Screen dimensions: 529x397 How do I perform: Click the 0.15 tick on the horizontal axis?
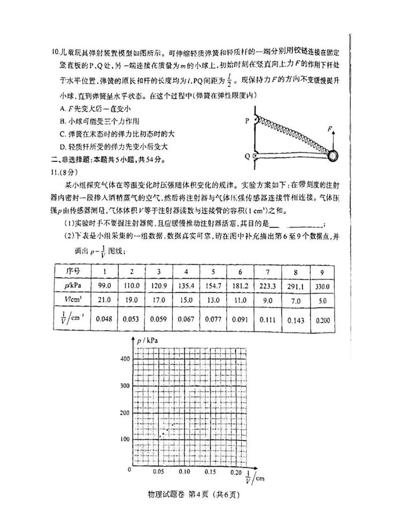(210, 472)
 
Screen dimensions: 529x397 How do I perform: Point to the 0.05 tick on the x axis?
(159, 472)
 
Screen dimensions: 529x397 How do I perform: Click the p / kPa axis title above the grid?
(148, 340)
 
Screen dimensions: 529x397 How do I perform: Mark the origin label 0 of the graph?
(130, 469)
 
